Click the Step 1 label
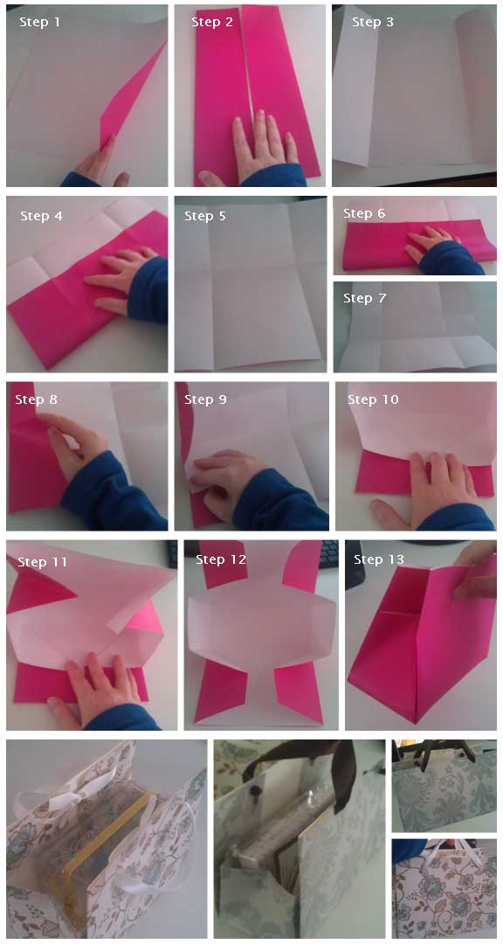[x=39, y=22]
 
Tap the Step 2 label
[x=212, y=22]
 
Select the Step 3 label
[x=373, y=22]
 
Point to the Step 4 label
[x=41, y=216]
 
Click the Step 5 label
[x=205, y=216]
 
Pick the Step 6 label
[x=364, y=213]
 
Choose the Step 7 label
[x=364, y=298]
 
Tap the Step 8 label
[x=36, y=399]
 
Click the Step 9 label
[x=205, y=399]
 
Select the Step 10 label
[x=373, y=399]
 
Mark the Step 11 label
[x=43, y=562]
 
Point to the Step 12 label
[x=221, y=559]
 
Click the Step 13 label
[x=379, y=559]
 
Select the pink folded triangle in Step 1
[x=131, y=101]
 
